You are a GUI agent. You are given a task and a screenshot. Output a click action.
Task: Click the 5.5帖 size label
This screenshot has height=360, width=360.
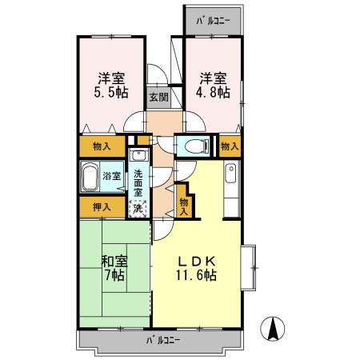pos(112,93)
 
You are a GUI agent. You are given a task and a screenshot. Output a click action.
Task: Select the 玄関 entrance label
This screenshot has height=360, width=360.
pos(158,98)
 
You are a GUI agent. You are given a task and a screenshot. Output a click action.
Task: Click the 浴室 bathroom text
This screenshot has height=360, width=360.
pos(110,175)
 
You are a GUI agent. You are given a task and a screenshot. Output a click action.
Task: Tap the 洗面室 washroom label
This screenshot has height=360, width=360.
pos(138,183)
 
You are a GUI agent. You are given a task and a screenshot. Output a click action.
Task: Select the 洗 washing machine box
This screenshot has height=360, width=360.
pos(138,207)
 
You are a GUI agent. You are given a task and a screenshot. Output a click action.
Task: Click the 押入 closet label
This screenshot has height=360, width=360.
pos(101,206)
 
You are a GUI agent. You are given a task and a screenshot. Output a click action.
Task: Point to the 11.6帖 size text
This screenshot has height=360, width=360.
pos(198,276)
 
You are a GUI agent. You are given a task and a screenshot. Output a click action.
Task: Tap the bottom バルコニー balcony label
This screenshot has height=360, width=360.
pos(163,340)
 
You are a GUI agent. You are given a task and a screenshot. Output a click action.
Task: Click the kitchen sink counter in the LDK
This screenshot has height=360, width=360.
pos(231,187)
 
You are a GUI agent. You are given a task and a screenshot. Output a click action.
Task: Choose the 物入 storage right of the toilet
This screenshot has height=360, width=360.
pos(230,146)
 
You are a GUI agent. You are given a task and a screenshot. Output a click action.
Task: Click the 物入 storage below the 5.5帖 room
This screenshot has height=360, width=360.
pos(102,147)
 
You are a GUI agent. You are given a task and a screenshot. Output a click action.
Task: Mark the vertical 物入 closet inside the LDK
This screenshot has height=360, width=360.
pos(185,206)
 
